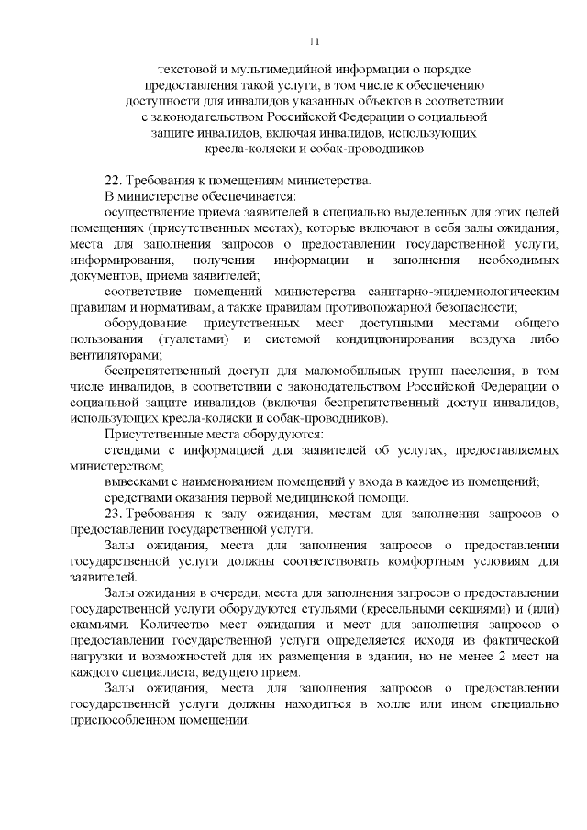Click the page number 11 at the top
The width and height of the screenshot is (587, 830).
pyautogui.click(x=315, y=41)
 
